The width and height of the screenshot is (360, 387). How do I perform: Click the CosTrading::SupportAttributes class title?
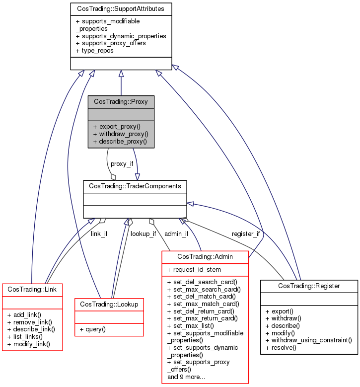(121, 9)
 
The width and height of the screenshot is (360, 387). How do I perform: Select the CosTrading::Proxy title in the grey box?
(121, 101)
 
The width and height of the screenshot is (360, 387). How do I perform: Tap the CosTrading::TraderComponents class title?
(135, 186)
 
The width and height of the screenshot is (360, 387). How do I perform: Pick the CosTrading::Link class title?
(32, 288)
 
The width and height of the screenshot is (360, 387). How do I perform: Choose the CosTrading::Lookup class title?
(109, 303)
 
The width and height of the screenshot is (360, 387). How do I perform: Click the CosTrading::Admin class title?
(205, 257)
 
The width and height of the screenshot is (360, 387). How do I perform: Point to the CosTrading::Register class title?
(309, 286)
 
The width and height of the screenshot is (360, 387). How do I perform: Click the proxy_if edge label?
(121, 163)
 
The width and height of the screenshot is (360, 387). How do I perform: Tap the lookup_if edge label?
(143, 233)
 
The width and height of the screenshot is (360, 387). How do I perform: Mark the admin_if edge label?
(176, 233)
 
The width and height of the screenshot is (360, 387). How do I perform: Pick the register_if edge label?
(246, 233)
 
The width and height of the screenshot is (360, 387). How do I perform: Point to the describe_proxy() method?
(120, 141)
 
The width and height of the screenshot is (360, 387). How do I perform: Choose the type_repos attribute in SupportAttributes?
(95, 51)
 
